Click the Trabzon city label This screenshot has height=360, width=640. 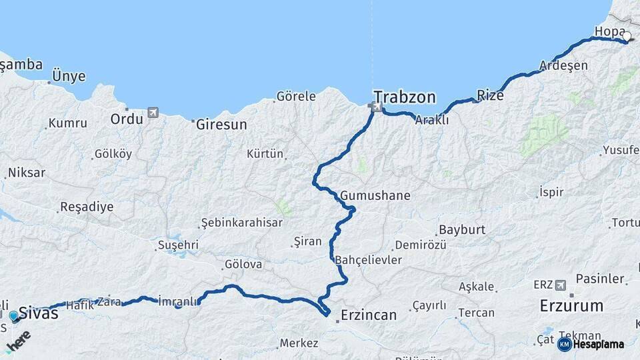coord(405,97)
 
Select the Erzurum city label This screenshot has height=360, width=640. coord(571,306)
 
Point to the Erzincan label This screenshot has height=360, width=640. coord(368,315)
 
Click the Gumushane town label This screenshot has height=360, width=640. coord(375,196)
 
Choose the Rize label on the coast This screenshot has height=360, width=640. coord(491,95)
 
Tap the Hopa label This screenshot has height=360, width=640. coord(608,31)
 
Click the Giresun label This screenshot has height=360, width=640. coord(221,124)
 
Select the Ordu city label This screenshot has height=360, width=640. coord(127,119)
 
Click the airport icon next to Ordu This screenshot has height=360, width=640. coord(154,112)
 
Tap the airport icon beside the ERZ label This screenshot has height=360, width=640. coord(561,285)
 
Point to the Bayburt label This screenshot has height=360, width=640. coord(462,229)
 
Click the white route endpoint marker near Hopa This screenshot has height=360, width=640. coord(627,37)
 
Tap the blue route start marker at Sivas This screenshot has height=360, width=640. coord(13,315)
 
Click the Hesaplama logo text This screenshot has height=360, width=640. coord(595,344)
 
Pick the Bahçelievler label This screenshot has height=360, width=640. coord(369,259)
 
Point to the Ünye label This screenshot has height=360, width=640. coord(69,76)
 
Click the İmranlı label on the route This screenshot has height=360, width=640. coord(179,301)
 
